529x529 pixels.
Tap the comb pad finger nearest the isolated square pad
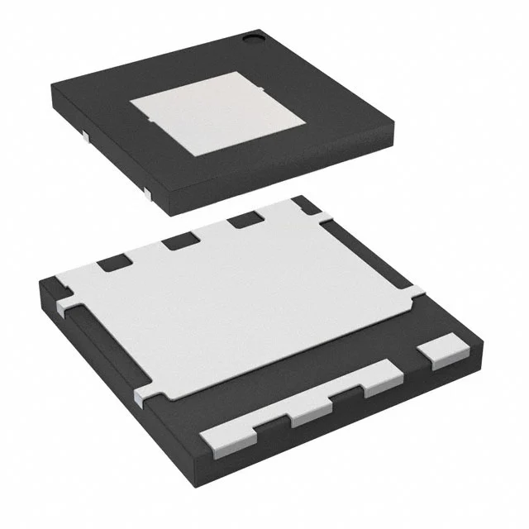click(382, 377)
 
